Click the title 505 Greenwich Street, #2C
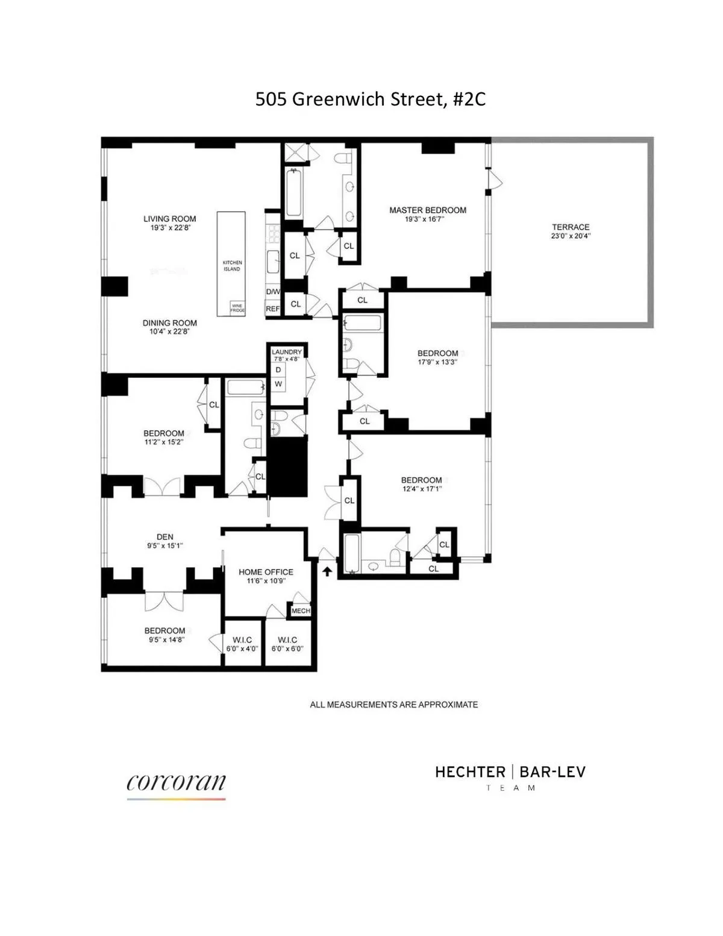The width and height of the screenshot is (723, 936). [370, 99]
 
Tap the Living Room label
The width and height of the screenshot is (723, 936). [169, 219]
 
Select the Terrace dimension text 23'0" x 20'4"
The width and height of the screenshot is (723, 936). [571, 236]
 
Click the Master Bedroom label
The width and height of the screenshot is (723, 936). [427, 210]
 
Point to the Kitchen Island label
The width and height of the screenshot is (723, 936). [232, 266]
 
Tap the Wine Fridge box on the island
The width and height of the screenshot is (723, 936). [237, 308]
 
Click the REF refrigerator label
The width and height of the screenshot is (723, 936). [273, 309]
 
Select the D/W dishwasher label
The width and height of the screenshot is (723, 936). [273, 292]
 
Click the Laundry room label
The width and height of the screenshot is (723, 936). [287, 352]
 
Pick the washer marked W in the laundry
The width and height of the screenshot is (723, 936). [278, 384]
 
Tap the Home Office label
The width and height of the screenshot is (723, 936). [266, 572]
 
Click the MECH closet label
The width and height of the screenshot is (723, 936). [301, 611]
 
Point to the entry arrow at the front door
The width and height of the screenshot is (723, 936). [327, 571]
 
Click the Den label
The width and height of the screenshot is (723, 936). [164, 537]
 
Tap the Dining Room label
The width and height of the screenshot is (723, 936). [169, 323]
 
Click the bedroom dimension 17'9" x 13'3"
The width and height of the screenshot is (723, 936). [437, 362]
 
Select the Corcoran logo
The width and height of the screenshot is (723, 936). [176, 784]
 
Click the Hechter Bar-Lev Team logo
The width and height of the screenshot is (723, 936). [510, 777]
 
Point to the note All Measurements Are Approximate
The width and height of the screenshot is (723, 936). [393, 704]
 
